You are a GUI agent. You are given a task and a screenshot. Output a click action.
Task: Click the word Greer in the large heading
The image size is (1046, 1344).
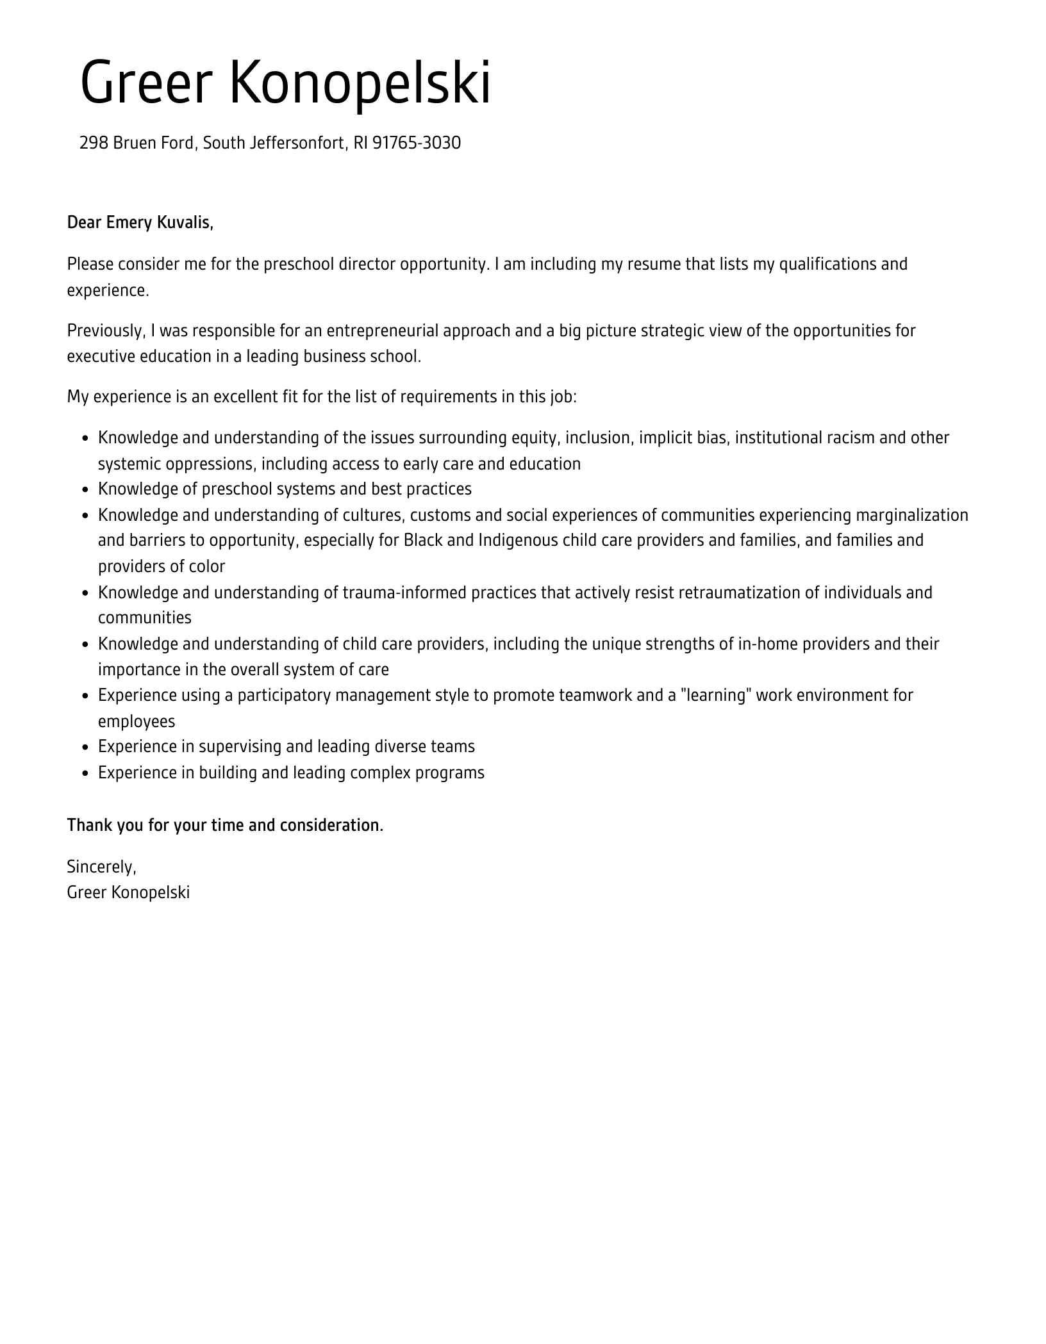[x=146, y=83]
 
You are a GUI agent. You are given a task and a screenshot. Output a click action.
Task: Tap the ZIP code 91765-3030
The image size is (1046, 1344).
[x=417, y=143]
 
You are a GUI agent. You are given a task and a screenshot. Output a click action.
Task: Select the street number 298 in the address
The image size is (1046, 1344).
[x=94, y=143]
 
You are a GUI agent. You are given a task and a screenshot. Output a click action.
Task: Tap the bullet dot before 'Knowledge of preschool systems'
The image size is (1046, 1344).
[x=86, y=490]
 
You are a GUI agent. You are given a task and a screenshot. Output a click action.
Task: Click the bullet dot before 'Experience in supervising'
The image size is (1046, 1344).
[x=86, y=748]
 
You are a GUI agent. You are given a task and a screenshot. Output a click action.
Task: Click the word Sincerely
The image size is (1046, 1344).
[x=101, y=867]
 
